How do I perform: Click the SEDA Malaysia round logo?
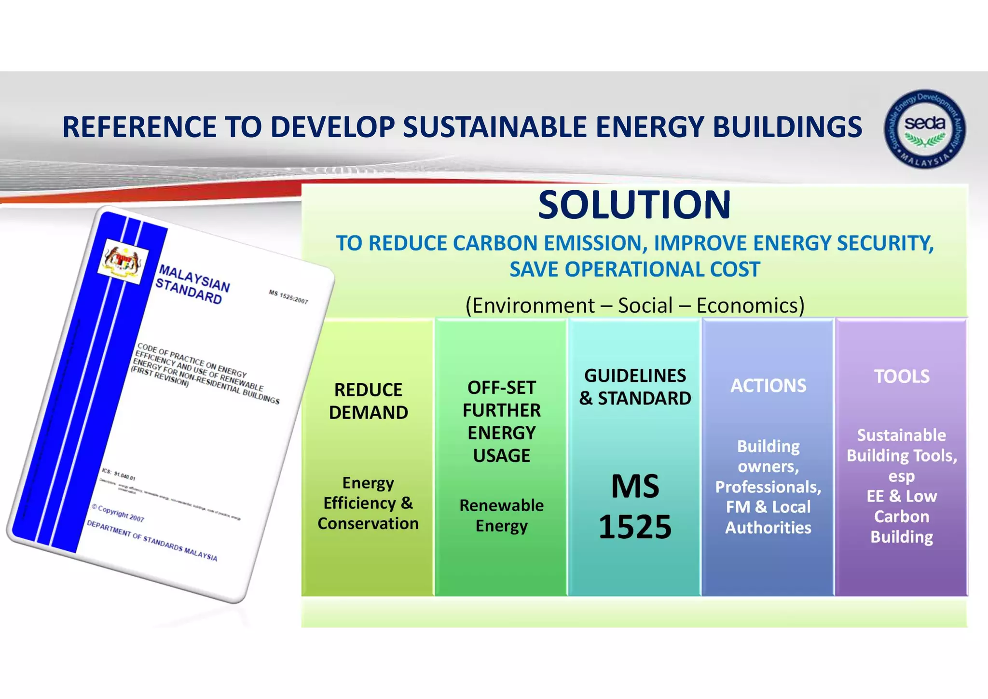[x=924, y=129]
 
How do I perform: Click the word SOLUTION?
[x=634, y=205]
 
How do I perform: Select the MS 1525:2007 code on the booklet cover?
[x=288, y=297]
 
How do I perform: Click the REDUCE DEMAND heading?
[x=368, y=401]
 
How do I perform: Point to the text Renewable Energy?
[x=501, y=516]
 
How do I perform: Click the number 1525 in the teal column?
[x=635, y=527]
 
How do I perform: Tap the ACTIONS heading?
[x=768, y=386]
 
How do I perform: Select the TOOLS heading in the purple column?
[x=902, y=377]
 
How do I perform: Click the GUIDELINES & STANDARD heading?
[x=635, y=387]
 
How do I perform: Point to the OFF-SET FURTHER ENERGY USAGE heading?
[x=501, y=421]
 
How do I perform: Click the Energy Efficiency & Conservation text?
[x=368, y=503]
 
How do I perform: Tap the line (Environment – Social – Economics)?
[x=635, y=306]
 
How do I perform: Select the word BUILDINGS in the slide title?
[x=787, y=127]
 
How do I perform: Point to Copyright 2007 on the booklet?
[x=118, y=513]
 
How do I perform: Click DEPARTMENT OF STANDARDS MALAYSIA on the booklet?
[x=151, y=541]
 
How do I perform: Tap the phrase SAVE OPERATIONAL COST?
[x=635, y=269]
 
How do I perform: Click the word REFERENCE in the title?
[x=139, y=127]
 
